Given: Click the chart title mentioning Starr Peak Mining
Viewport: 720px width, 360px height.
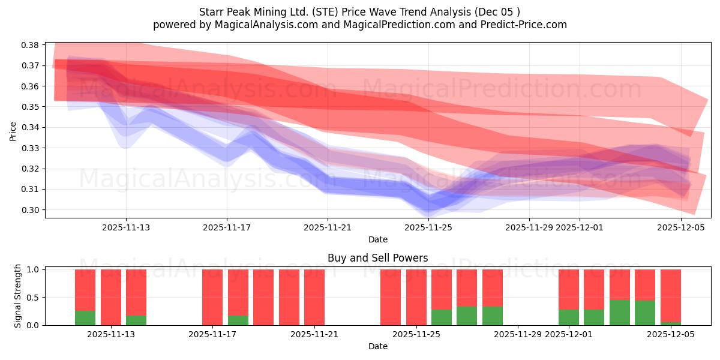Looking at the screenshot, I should (x=360, y=11).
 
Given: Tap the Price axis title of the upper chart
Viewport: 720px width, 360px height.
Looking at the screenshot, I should (x=13, y=131).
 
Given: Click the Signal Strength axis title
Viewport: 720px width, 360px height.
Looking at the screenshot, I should (x=18, y=296).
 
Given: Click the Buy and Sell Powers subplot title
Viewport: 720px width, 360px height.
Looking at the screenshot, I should (x=377, y=258).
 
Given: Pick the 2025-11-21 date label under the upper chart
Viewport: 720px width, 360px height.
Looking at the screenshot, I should (x=328, y=227).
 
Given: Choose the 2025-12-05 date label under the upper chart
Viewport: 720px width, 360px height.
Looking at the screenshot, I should (x=681, y=227).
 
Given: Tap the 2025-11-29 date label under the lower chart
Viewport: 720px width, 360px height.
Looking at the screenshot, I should (x=518, y=334).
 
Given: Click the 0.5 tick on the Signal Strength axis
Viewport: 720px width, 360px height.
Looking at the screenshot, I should (x=33, y=297).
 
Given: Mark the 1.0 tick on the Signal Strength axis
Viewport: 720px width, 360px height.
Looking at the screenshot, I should (x=33, y=269).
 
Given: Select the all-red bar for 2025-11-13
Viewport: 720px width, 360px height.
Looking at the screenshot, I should (x=110, y=297).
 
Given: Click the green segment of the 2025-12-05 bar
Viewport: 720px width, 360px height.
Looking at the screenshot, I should (x=670, y=323).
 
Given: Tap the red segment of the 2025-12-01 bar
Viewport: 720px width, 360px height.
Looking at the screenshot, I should (x=568, y=289).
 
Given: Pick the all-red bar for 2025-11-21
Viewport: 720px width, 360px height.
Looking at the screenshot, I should (x=314, y=297).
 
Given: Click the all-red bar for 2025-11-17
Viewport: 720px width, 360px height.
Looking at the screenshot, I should (x=212, y=297).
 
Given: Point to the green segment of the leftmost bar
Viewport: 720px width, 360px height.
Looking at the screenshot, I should (x=85, y=318).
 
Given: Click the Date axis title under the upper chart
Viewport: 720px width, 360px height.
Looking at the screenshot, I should (x=377, y=239).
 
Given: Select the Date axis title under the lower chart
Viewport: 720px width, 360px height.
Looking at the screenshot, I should (x=377, y=346).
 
